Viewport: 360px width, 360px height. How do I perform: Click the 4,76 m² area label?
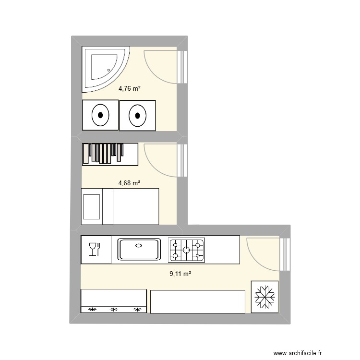click(x=129, y=88)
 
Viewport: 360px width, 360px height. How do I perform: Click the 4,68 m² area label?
click(x=129, y=183)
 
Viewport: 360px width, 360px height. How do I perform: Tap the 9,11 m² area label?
click(x=180, y=274)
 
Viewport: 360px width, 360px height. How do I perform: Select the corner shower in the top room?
click(x=103, y=68)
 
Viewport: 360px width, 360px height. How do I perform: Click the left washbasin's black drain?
click(x=100, y=115)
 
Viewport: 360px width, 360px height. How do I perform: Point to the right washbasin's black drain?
click(x=138, y=115)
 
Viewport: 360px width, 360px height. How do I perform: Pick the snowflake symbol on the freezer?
click(x=264, y=297)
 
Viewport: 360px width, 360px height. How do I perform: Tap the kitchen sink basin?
click(x=139, y=250)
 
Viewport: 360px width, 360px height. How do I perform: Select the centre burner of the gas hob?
click(x=186, y=250)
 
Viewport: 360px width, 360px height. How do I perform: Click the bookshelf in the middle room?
click(x=110, y=154)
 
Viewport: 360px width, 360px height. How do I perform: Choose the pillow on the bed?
click(x=92, y=206)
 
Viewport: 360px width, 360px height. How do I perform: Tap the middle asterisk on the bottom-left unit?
click(x=114, y=310)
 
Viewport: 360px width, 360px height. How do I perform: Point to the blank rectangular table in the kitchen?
click(x=197, y=301)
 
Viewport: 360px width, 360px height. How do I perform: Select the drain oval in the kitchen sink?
click(x=139, y=245)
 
